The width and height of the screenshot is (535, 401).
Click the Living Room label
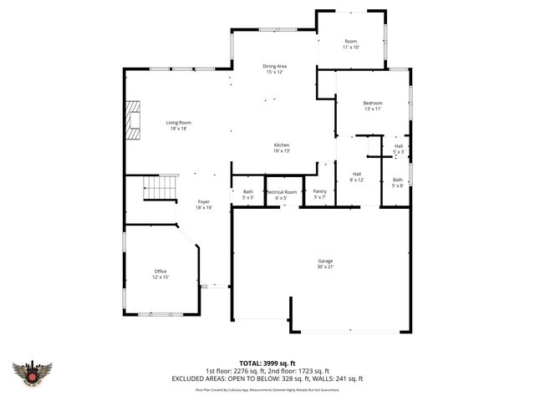(x=178, y=123)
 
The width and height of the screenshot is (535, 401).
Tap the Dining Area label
(x=275, y=66)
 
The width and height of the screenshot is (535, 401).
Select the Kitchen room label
(x=281, y=145)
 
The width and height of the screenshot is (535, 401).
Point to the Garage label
(x=324, y=261)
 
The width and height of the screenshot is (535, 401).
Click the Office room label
(x=160, y=272)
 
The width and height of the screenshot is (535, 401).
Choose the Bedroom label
(x=373, y=103)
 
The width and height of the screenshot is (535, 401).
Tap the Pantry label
(x=319, y=192)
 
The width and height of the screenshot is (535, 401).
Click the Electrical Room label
(x=282, y=192)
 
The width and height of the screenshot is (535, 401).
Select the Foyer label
(x=203, y=201)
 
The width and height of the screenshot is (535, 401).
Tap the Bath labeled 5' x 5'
(x=248, y=192)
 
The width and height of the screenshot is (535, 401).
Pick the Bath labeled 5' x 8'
(x=397, y=180)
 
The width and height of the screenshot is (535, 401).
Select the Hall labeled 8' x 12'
(x=357, y=174)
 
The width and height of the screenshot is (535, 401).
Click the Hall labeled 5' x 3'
(x=399, y=146)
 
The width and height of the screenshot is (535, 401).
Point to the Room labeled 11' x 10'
(x=351, y=42)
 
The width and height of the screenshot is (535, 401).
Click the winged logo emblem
(x=33, y=373)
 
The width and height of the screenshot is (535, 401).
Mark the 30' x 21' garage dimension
(x=324, y=266)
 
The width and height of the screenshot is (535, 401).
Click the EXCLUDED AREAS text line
(x=267, y=379)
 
